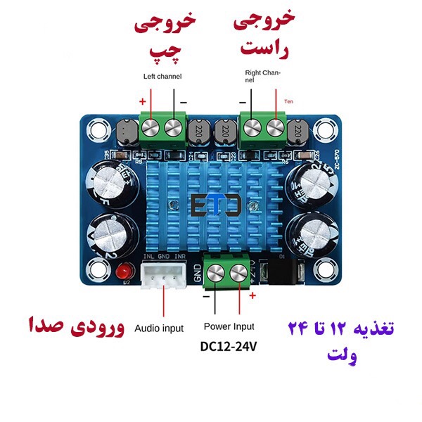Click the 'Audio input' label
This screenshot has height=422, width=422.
coord(159,328)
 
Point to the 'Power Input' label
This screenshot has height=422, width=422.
coord(229,326)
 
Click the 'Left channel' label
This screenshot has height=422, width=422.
coord(162,76)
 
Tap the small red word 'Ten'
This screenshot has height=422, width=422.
coord(288,102)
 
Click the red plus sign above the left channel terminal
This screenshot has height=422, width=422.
coord(144,101)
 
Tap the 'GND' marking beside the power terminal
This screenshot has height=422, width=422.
coord(198,271)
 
